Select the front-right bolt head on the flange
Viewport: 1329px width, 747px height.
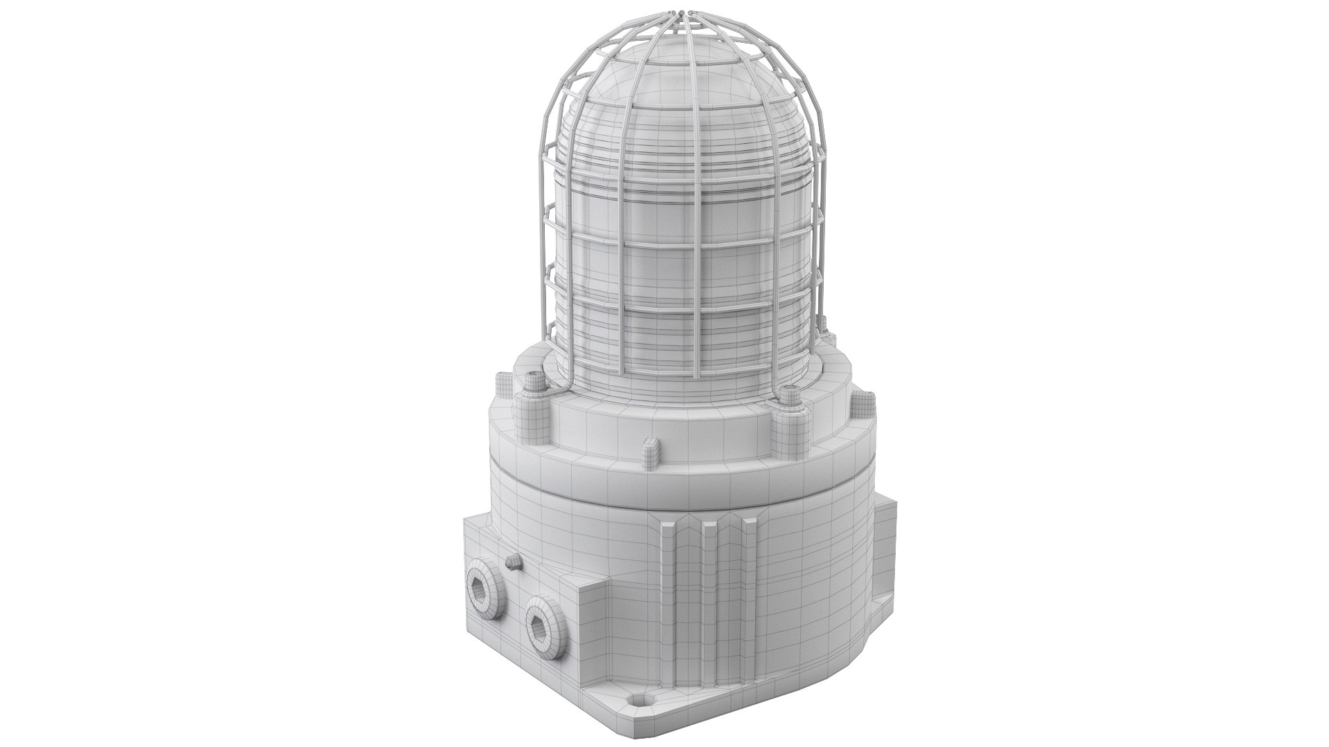pos(787,419)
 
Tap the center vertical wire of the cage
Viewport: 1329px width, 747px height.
pos(692,207)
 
